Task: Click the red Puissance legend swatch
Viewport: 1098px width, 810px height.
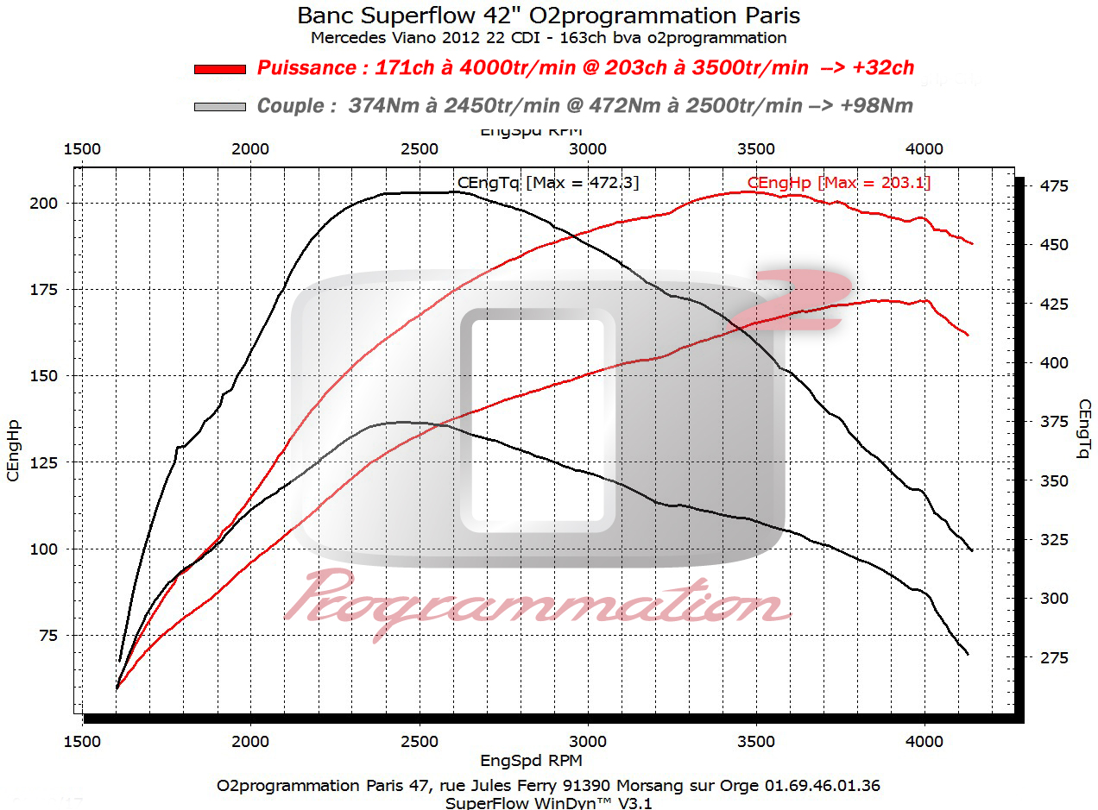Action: (x=220, y=68)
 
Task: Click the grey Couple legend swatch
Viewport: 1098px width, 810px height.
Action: (x=220, y=106)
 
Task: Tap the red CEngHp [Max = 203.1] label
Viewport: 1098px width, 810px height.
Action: (x=838, y=182)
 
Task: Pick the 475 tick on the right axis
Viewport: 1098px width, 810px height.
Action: (x=1054, y=185)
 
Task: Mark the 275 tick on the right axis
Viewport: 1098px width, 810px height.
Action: (x=1054, y=657)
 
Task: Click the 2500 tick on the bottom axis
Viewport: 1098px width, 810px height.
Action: (x=420, y=741)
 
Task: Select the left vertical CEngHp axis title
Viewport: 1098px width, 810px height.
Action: (x=14, y=450)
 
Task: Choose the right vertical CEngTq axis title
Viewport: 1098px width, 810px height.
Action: (x=1084, y=428)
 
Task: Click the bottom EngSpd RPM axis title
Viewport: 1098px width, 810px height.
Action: (x=530, y=760)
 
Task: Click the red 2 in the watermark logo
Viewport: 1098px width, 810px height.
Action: (x=802, y=298)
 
